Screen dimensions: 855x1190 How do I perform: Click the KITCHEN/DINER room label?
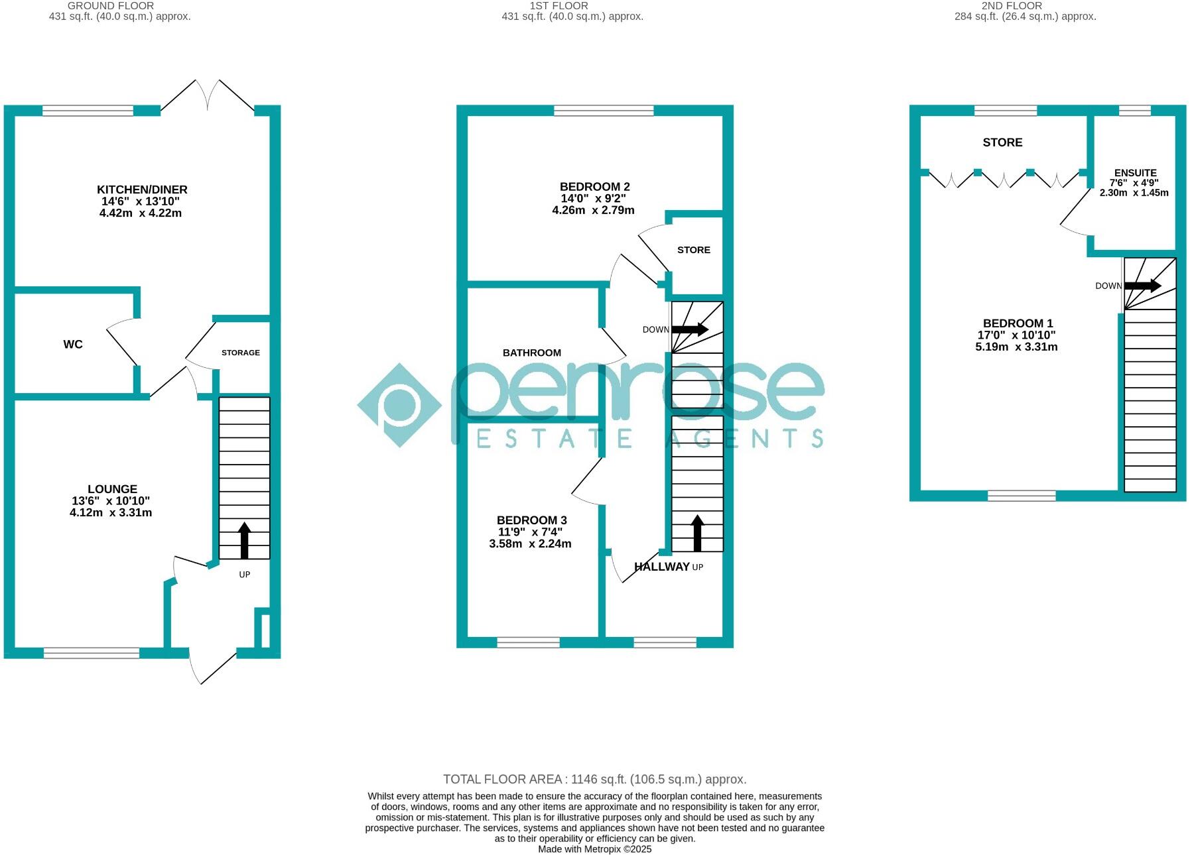pos(142,190)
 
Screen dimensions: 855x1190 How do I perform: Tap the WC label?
pos(73,344)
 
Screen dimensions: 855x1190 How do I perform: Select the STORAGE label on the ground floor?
pos(240,353)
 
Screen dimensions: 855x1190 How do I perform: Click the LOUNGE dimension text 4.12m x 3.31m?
pos(111,512)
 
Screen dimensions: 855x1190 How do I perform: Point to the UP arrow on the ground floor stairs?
pos(244,540)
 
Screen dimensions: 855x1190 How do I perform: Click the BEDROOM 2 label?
pos(594,187)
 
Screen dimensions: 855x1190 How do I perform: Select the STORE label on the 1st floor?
pos(693,250)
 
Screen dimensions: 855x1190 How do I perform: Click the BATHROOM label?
pos(531,353)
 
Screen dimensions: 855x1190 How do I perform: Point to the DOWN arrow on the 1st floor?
pos(690,329)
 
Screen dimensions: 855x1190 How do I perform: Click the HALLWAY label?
pos(661,567)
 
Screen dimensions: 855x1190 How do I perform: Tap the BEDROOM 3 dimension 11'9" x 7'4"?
pos(530,532)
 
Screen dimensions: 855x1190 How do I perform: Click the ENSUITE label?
pos(1135,172)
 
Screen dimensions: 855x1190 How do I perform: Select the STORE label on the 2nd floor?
pos(1002,142)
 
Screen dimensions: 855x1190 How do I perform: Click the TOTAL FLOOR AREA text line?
pos(594,779)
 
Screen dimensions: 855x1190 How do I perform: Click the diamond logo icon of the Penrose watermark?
pos(399,405)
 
